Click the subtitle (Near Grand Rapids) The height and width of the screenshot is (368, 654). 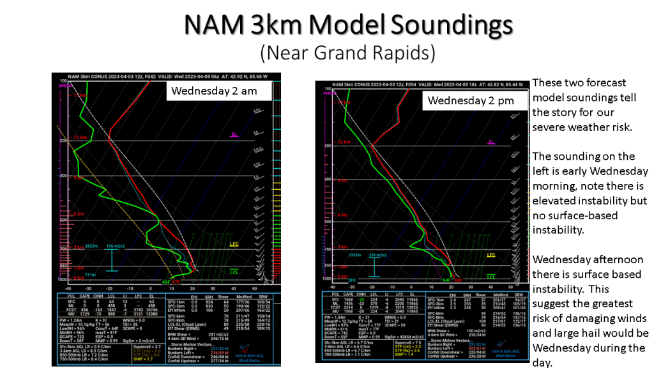coord(348,52)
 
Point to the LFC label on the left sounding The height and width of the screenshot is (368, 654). coord(234,243)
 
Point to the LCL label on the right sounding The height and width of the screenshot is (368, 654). coord(491,277)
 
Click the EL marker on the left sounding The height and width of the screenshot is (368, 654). coord(234,135)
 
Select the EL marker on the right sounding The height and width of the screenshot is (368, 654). coord(491,142)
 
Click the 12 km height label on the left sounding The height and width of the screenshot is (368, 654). coord(80,137)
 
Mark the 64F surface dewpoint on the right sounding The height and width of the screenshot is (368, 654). coord(446,280)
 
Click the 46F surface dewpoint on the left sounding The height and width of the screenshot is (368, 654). coord(165,282)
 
